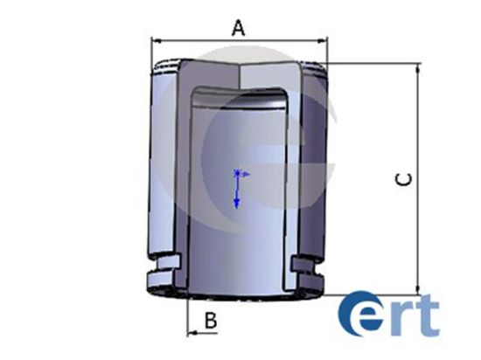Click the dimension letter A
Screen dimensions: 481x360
[239, 28]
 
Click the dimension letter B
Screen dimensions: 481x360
[211, 320]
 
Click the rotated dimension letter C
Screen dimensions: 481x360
[404, 179]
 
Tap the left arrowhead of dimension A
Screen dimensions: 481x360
[157, 40]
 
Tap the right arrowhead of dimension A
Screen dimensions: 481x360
[323, 40]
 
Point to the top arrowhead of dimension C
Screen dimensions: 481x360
[418, 69]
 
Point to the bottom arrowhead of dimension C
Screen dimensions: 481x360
[418, 290]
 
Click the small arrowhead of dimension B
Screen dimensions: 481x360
[192, 333]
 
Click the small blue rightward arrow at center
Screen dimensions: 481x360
[245, 175]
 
